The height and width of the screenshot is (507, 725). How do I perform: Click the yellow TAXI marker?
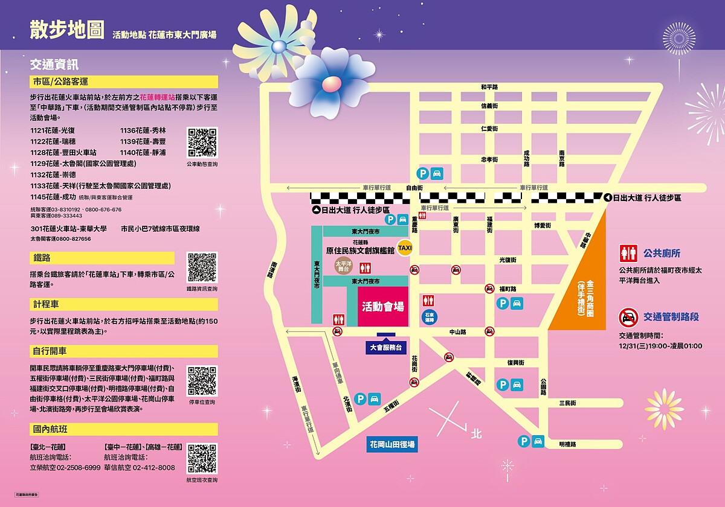pos(405,247)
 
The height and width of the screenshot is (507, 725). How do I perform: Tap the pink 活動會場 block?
pos(382,307)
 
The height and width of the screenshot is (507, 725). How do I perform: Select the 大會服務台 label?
pos(385,347)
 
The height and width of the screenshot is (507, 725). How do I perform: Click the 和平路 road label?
pos(489,87)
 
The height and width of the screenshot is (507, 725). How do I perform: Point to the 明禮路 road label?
pos(567,444)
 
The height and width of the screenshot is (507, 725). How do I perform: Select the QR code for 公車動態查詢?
pos(202,142)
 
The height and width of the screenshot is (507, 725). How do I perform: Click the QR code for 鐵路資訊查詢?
pos(202,267)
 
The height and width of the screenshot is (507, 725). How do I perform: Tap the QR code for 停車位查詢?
pos(202,380)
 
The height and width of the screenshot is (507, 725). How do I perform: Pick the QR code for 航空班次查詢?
pos(202,459)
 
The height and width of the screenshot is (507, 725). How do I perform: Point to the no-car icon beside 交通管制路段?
pos(629,316)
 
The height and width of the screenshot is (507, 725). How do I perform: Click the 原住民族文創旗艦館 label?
pos(360,249)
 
